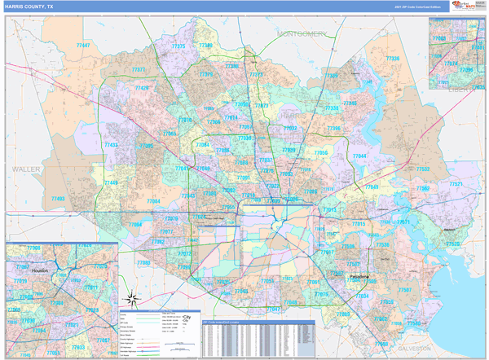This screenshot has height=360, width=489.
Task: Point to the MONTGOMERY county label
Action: [302, 34]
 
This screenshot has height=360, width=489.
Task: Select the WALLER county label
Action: [26, 169]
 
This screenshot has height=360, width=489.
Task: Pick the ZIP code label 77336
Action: [392, 59]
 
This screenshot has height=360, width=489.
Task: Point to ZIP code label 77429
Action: [142, 88]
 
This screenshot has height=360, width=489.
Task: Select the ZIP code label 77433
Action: [112, 145]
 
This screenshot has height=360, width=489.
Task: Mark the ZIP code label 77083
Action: [143, 263]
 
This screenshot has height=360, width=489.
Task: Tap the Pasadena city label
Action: [359, 276]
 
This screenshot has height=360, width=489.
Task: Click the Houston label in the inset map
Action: [41, 270]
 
